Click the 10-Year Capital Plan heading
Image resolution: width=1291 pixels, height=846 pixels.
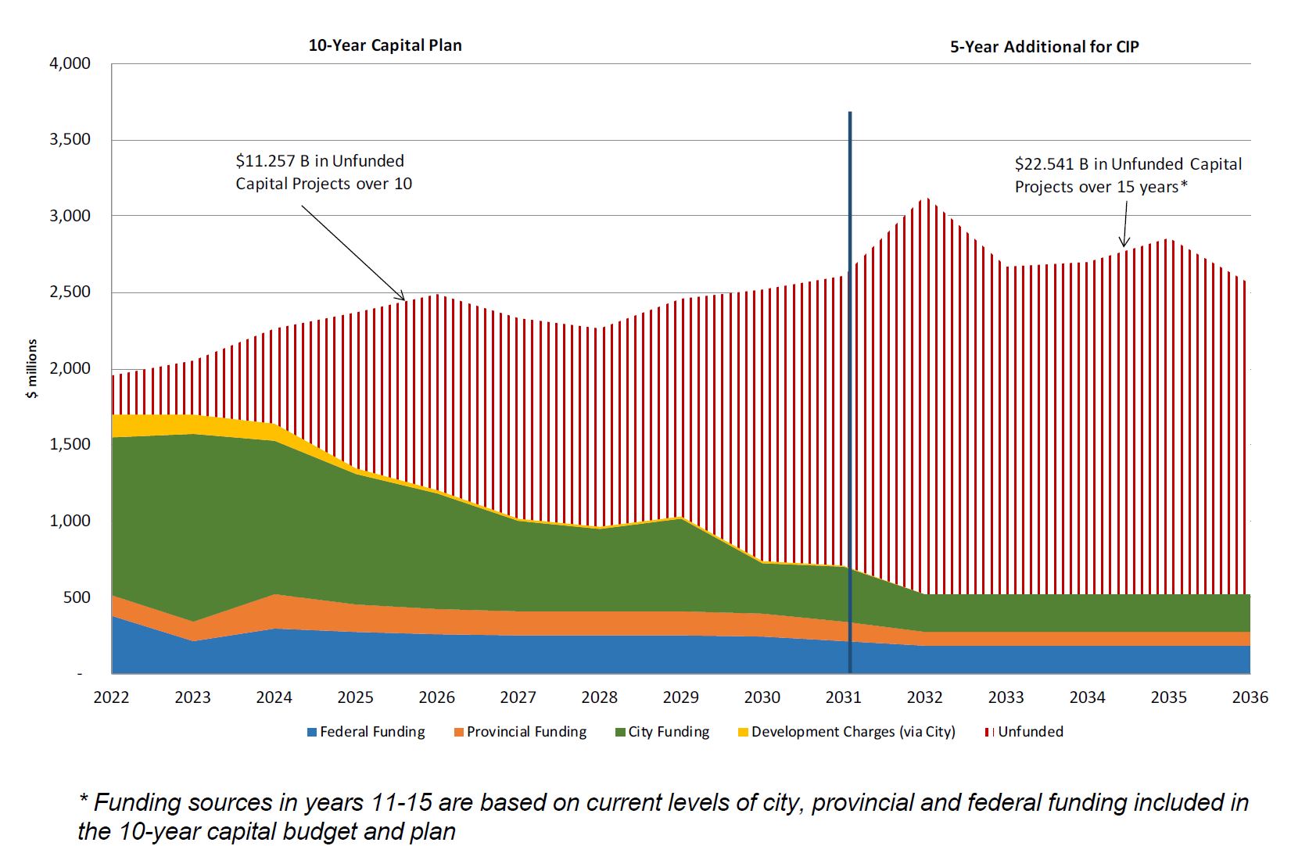pos(385,45)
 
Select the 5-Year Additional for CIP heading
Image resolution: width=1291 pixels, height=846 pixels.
pos(1044,47)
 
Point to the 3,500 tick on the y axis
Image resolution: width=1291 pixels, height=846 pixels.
pos(70,139)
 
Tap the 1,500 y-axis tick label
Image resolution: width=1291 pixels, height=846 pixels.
pos(70,444)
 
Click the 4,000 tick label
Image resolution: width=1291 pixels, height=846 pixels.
pos(70,63)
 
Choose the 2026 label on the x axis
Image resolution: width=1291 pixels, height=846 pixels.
pos(436,697)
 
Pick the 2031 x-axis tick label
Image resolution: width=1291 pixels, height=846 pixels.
pos(843,697)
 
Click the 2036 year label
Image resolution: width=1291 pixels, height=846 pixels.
pos(1250,697)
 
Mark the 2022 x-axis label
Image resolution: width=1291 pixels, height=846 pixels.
pos(111,697)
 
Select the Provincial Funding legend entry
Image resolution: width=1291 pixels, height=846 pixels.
pos(520,732)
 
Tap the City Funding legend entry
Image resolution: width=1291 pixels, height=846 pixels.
pos(662,732)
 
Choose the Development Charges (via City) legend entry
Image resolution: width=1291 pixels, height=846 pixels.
pos(847,732)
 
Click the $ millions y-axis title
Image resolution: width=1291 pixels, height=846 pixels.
pos(32,369)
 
